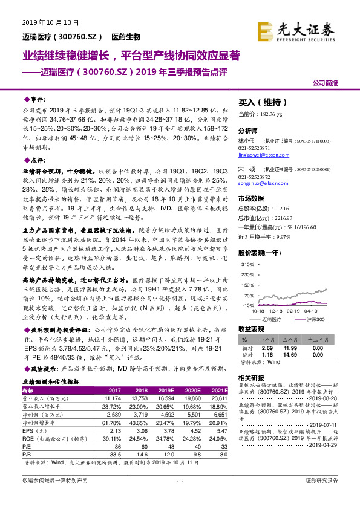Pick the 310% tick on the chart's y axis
click(247, 265)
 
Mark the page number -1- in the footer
click(179, 497)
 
